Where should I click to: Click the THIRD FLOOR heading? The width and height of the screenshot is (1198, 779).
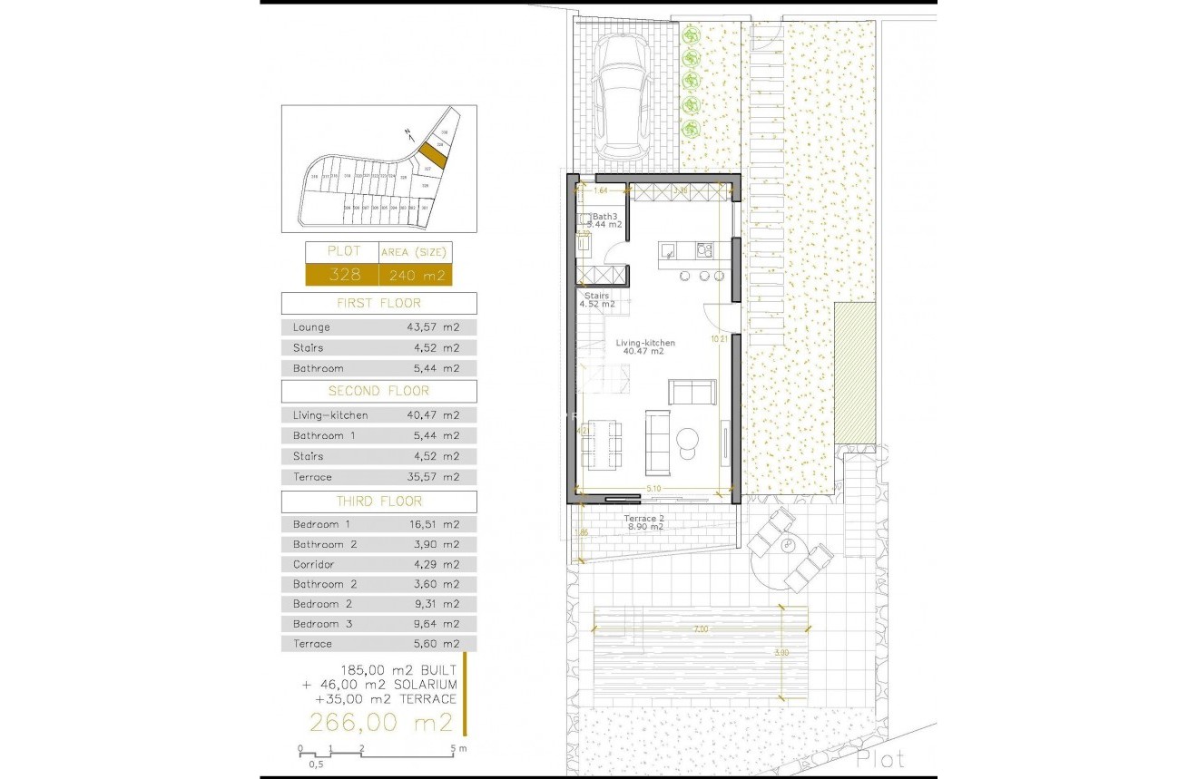pos(378,501)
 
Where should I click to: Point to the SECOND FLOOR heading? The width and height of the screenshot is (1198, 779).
pos(378,391)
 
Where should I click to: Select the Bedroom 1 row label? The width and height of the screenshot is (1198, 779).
pos(316,524)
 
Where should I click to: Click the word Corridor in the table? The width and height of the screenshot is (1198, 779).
pos(313,564)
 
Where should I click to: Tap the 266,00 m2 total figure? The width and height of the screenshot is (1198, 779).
pos(380,722)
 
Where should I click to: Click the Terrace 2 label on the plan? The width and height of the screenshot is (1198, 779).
pos(643,519)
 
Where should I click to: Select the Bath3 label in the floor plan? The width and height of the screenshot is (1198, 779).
pos(605,216)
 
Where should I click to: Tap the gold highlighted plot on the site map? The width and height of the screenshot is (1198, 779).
pos(432,155)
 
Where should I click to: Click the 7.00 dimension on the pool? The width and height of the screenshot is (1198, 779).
pos(700,628)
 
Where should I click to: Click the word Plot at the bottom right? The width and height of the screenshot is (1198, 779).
pos(879,758)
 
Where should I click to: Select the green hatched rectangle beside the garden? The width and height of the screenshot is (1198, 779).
pos(853,373)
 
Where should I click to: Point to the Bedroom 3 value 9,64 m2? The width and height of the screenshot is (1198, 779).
pos(433,624)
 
